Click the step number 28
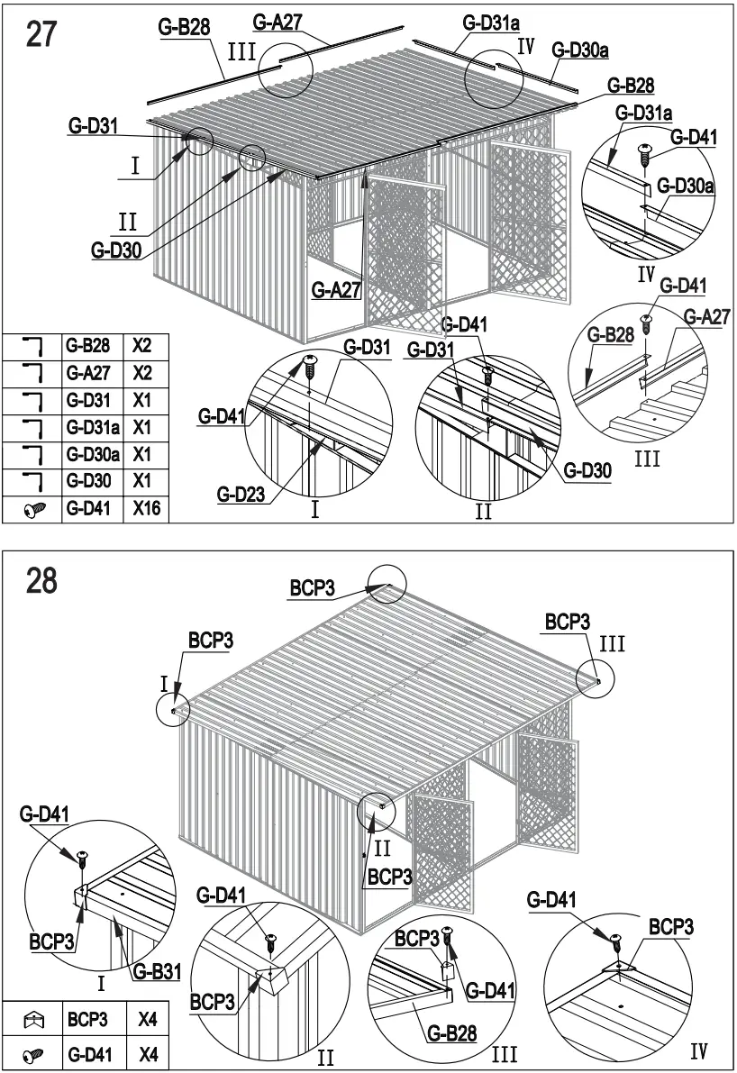click(41, 580)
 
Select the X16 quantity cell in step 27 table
click(146, 509)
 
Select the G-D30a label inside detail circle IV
click(686, 186)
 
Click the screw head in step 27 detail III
click(647, 320)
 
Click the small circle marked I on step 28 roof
click(172, 709)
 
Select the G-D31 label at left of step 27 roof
click(93, 128)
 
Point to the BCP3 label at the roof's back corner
click(312, 588)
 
